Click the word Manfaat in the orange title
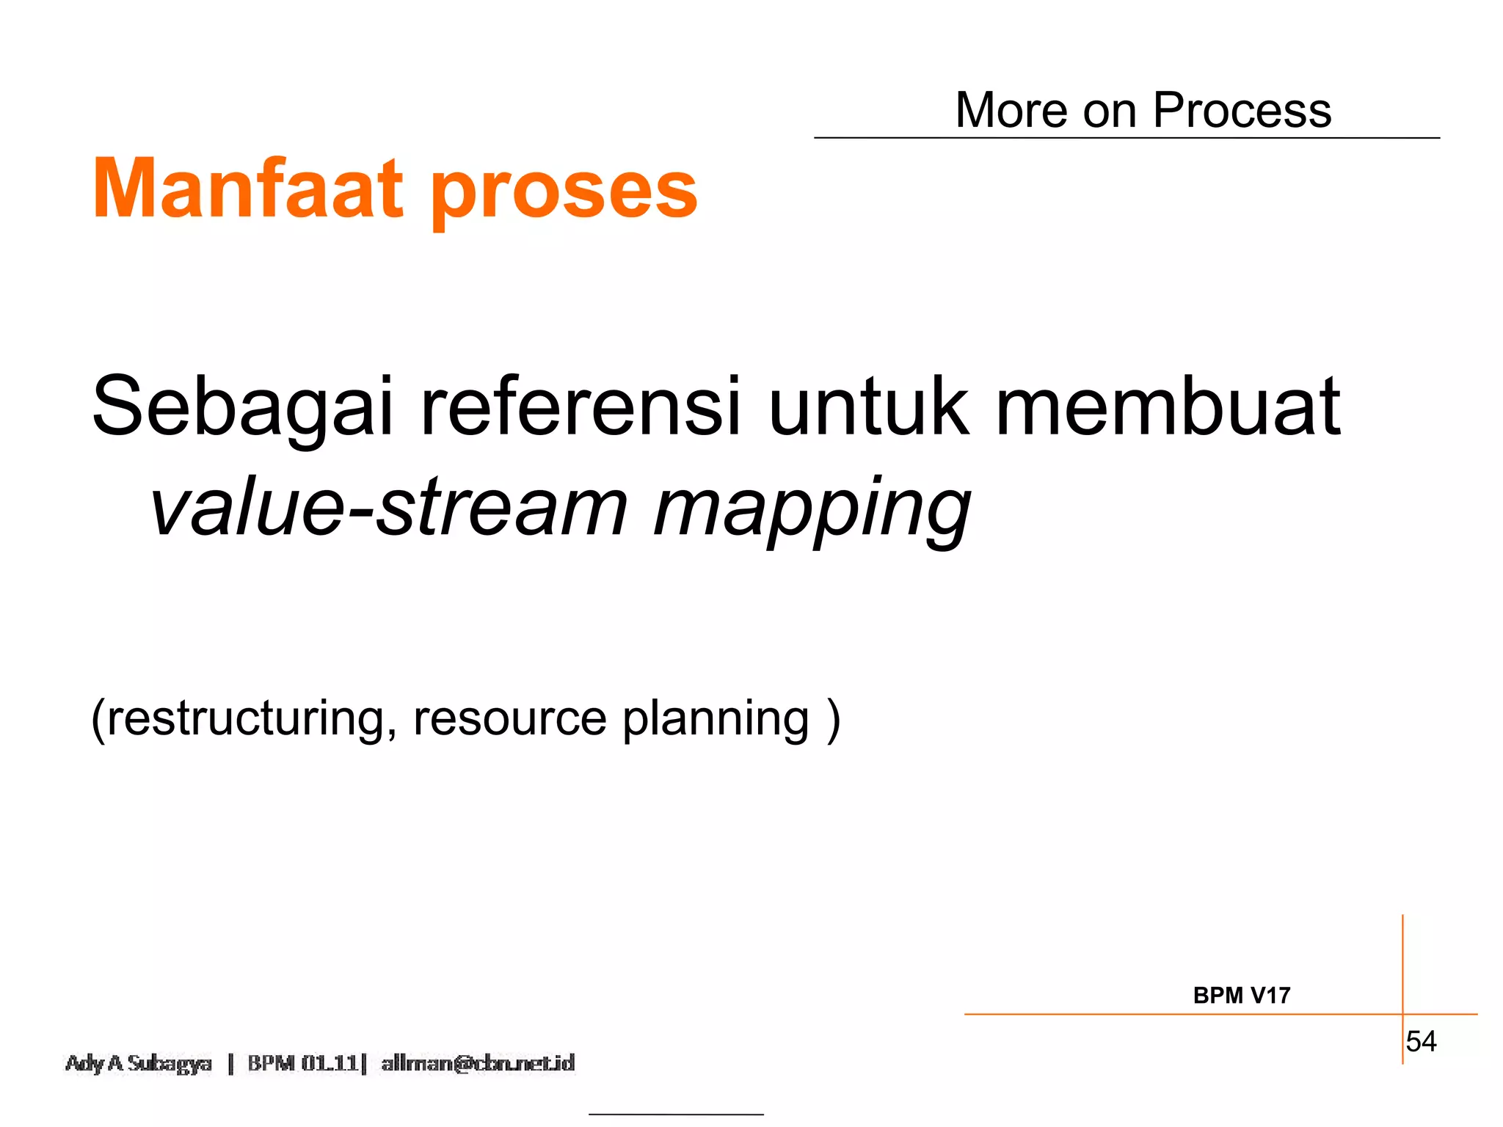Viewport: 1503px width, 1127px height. click(247, 189)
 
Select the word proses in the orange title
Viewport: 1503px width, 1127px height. click(564, 192)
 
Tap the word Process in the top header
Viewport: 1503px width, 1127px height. click(1242, 110)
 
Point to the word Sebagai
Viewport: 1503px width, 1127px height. click(243, 408)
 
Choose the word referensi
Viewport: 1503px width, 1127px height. click(581, 408)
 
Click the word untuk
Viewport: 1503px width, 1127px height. click(868, 408)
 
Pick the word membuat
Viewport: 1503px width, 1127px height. click(1168, 408)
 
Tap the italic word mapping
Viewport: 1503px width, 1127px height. click(812, 511)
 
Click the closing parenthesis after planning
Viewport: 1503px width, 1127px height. click(833, 719)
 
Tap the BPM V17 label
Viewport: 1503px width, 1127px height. click(1241, 996)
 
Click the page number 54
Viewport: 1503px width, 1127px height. click(1421, 1041)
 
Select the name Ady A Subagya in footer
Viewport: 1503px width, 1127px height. click(139, 1063)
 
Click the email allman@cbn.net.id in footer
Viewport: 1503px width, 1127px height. click(478, 1063)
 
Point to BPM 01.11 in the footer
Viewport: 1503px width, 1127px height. click(302, 1063)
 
